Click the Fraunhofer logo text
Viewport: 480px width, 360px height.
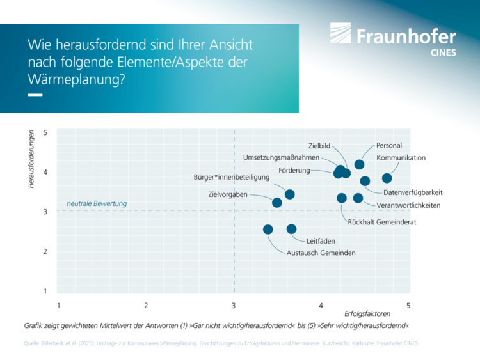click(406, 36)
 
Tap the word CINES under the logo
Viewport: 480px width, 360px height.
click(444, 53)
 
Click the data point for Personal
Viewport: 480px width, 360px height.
click(360, 165)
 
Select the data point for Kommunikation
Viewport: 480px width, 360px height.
click(387, 178)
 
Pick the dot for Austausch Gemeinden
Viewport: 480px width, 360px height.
click(268, 230)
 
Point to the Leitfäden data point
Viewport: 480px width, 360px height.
click(292, 229)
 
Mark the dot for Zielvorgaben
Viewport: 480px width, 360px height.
click(277, 203)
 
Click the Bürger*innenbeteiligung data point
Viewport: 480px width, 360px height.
click(290, 194)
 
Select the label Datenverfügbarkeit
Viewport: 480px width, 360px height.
click(413, 192)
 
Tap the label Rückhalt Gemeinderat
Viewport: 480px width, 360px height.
click(382, 222)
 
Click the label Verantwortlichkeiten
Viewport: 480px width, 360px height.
click(408, 205)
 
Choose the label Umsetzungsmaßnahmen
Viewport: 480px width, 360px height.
click(281, 157)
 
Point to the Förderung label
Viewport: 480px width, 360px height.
click(294, 171)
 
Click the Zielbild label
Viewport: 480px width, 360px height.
click(319, 146)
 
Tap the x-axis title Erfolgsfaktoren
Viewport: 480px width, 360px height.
click(367, 315)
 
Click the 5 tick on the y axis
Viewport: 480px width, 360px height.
click(45, 133)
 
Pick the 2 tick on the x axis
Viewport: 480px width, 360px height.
click(147, 306)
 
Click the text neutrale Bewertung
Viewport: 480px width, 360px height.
click(97, 204)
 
